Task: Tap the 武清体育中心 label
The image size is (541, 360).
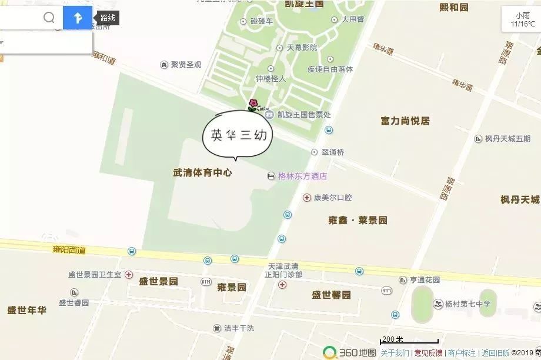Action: [203, 173]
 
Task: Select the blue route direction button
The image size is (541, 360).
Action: [78, 18]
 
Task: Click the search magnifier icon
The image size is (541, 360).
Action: [49, 18]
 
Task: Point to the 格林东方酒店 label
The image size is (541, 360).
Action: [302, 176]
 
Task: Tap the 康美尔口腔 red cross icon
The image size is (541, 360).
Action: [306, 198]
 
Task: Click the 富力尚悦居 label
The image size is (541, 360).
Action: [405, 121]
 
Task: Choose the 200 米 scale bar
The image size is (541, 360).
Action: [409, 340]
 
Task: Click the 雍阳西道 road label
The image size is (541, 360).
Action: [69, 249]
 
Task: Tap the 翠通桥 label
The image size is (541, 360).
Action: [333, 152]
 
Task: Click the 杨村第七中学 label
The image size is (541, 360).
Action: [467, 304]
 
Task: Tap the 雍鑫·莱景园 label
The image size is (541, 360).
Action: [358, 221]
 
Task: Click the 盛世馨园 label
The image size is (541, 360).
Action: [331, 295]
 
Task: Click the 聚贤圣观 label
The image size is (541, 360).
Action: [186, 65]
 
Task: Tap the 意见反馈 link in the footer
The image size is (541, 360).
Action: [428, 353]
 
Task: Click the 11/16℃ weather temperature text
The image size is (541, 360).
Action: [522, 24]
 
